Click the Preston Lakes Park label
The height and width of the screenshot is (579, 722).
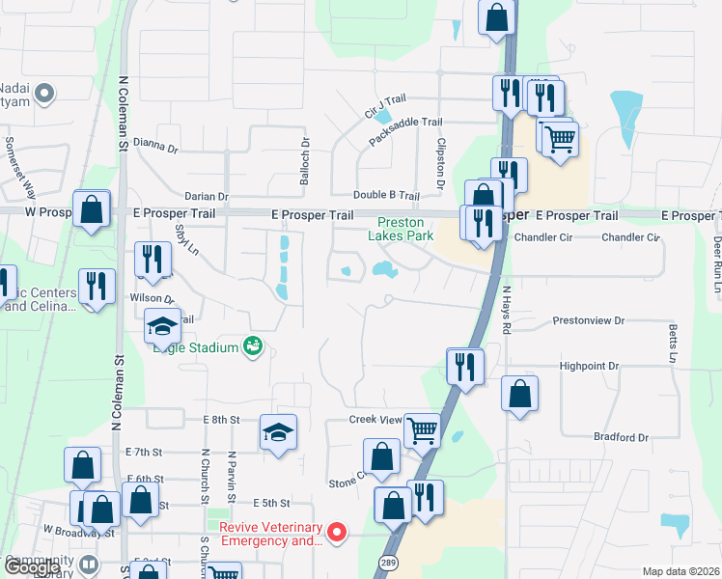point(401,229)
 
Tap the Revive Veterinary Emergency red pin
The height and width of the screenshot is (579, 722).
point(337,532)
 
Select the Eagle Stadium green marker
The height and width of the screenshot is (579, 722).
point(254,345)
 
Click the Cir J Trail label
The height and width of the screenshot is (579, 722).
point(385,107)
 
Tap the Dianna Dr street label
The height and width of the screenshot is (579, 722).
point(156,148)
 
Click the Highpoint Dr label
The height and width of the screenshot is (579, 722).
point(588,367)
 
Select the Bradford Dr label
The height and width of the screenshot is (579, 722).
point(621,437)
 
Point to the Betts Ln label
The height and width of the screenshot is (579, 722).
point(673,345)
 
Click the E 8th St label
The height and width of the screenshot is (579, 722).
point(220,420)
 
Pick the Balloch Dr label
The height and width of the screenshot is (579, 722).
point(305,157)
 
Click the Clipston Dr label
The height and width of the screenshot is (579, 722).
point(439,162)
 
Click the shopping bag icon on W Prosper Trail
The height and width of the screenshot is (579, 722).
point(91,209)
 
